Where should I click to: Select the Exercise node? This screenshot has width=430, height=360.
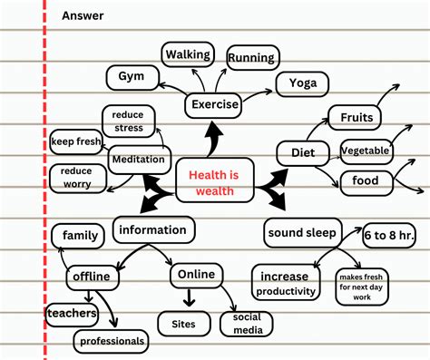click(x=215, y=104)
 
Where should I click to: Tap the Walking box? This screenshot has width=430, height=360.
click(x=188, y=54)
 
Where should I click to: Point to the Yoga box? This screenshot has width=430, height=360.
click(x=302, y=83)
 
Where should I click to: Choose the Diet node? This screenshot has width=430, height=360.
click(x=302, y=152)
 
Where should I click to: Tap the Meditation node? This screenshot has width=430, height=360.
click(x=138, y=160)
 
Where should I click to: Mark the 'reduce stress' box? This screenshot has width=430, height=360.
click(x=129, y=121)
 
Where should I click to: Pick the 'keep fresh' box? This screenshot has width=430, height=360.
click(x=75, y=141)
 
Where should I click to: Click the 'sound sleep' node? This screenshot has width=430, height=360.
click(x=302, y=232)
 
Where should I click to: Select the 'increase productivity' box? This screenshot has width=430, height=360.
click(x=285, y=283)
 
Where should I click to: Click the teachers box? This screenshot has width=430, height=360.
click(x=72, y=313)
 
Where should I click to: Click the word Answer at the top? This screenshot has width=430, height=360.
click(x=83, y=15)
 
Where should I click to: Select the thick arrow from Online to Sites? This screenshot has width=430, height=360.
click(x=190, y=297)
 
